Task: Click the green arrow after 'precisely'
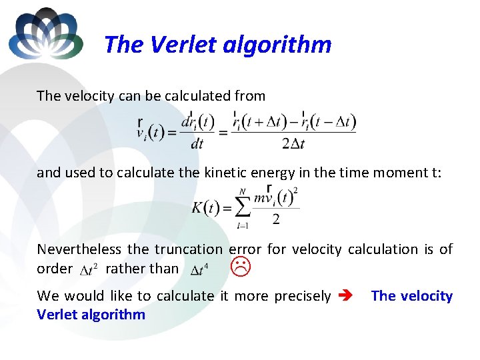coord(347,296)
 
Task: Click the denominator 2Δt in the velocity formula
coord(293,143)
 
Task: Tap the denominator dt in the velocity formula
coord(197,143)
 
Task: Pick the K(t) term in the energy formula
coord(205,207)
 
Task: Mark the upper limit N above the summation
coord(242,191)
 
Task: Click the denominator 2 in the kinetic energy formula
coord(275,219)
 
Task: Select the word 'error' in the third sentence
coord(245,249)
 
